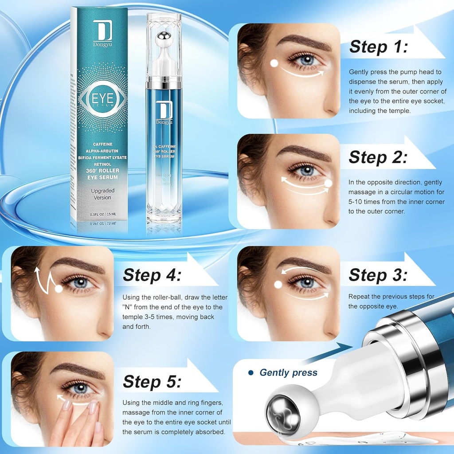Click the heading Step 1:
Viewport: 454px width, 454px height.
click(x=378, y=47)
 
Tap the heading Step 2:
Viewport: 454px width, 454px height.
click(x=377, y=157)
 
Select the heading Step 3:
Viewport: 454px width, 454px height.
click(x=377, y=275)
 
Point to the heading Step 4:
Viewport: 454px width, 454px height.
click(x=152, y=275)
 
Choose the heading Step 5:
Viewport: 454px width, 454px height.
click(x=152, y=381)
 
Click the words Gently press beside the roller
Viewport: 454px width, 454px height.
click(x=288, y=372)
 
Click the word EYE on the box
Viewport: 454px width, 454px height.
click(x=102, y=97)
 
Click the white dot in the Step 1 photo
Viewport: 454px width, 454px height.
click(x=274, y=63)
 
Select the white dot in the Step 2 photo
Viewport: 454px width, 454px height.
click(x=329, y=182)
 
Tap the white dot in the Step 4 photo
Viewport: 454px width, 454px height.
click(x=59, y=289)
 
